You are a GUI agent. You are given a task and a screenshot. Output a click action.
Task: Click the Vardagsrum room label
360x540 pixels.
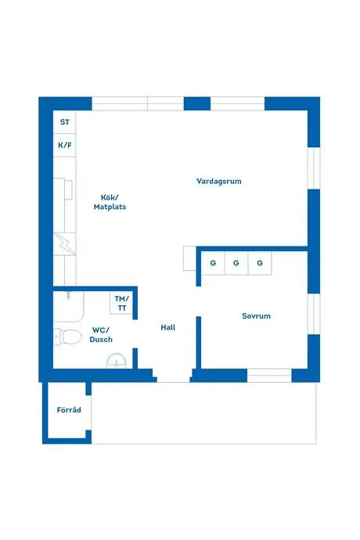point(219,181)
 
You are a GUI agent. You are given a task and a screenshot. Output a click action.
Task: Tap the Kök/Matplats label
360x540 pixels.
point(110,202)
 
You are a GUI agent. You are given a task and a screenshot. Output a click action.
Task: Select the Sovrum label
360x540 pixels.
point(256,316)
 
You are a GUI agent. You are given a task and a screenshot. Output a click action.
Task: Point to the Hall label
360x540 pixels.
point(168,327)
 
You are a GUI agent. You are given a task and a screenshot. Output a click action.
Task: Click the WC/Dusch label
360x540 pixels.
point(101,335)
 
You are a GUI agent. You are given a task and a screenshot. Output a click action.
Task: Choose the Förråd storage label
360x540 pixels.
point(69,410)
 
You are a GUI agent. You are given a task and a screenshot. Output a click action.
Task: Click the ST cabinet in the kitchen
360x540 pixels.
point(64,122)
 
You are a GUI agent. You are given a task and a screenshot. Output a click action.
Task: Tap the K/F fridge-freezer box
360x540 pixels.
point(64,145)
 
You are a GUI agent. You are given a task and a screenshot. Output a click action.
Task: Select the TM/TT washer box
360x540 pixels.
point(121,303)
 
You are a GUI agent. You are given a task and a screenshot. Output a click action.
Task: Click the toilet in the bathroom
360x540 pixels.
point(68,337)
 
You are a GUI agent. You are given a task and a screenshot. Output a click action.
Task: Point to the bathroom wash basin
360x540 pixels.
point(116,362)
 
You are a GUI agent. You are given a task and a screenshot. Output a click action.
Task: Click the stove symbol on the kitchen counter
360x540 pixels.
point(64,244)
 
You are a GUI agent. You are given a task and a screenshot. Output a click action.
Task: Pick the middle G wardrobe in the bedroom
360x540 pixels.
point(236,263)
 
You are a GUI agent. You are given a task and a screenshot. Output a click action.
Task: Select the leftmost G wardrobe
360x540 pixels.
point(213,263)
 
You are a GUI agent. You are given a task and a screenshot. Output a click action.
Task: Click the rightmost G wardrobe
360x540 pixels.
point(260,263)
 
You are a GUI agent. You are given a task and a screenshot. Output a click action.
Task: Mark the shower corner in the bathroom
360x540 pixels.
point(69,307)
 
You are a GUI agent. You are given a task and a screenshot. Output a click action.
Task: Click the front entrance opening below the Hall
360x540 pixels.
point(173,379)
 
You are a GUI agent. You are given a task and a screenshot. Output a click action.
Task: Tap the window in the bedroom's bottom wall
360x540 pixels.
point(269,376)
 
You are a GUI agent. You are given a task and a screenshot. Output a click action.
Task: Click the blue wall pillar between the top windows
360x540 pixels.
point(197,103)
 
